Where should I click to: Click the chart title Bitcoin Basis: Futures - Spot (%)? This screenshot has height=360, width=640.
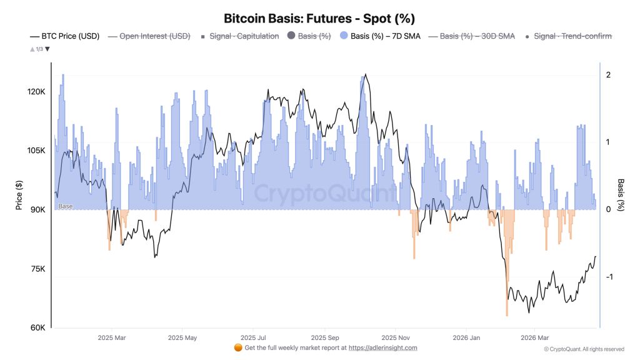[x=319, y=19]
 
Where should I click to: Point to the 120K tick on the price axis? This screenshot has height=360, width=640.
[x=35, y=92]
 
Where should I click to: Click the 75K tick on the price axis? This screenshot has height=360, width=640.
[x=37, y=269]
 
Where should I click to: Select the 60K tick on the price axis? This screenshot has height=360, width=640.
[x=37, y=328]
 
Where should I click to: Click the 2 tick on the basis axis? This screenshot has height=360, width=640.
[x=608, y=75]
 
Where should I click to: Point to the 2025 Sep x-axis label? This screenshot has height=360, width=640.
[x=324, y=337]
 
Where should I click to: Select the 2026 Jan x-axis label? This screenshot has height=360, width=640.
[x=466, y=337]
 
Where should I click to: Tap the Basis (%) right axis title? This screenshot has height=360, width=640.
[x=621, y=194]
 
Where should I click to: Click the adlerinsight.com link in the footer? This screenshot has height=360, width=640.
[x=382, y=348]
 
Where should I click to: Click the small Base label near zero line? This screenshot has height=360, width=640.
[x=65, y=206]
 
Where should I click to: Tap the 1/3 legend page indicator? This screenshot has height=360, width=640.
[x=39, y=49]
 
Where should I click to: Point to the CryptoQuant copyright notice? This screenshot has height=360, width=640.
[x=584, y=349]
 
